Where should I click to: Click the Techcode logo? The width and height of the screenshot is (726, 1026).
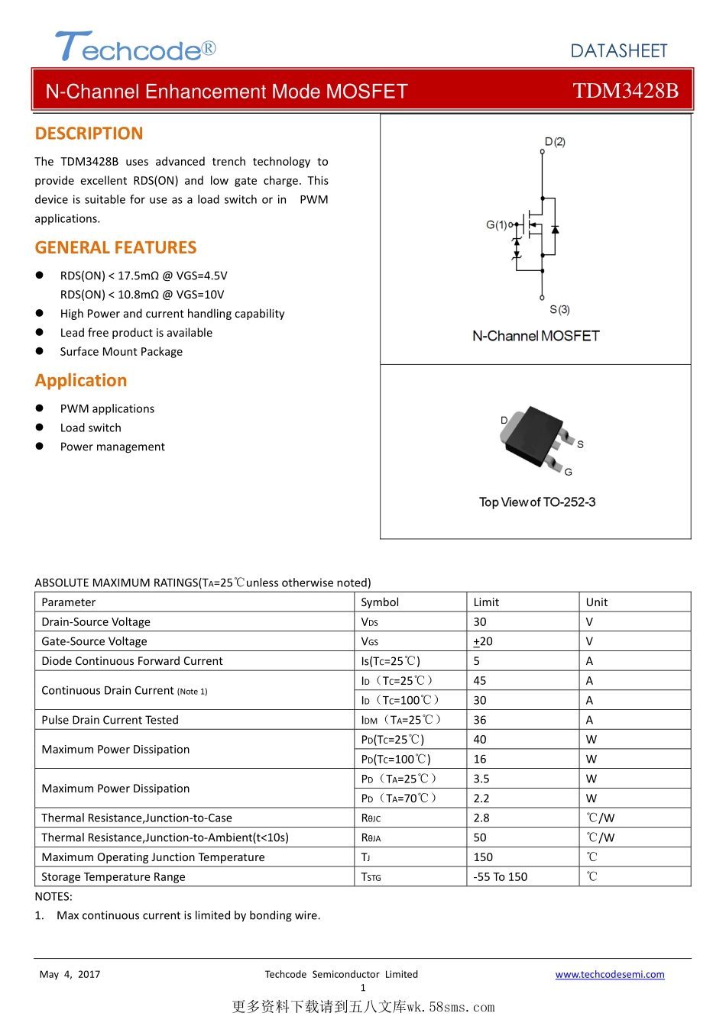pos(135,47)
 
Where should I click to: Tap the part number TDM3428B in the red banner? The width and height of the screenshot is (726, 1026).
pos(625,91)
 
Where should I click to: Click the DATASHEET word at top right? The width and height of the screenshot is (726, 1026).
pos(619,51)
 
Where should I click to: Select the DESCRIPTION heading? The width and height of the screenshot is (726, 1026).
pos(89,134)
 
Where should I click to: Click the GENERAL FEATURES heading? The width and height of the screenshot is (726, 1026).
pos(116,247)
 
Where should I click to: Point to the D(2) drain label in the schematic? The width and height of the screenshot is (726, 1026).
pos(555,142)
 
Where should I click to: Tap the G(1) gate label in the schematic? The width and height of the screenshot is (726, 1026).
pos(497,224)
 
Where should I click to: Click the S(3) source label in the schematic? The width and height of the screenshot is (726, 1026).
pos(559,309)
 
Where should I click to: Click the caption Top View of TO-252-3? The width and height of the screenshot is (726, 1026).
pos(537,502)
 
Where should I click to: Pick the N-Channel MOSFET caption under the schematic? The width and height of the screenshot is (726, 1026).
pos(536,336)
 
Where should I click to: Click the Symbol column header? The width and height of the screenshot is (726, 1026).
pos(380,602)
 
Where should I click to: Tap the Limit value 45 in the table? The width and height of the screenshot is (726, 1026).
pos(480,680)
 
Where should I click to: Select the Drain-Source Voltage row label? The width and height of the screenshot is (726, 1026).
pos(96,622)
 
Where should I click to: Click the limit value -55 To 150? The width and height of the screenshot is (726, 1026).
pos(501,876)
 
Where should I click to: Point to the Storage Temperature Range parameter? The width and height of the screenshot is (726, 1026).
pos(113,876)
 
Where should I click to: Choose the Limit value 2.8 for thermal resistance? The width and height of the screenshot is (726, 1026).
pos(481,818)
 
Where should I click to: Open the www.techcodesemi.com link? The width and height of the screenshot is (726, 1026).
pos(610,974)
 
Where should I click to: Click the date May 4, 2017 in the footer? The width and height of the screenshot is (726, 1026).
pos(70,974)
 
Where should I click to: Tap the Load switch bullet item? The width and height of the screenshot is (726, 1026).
pos(91,427)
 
